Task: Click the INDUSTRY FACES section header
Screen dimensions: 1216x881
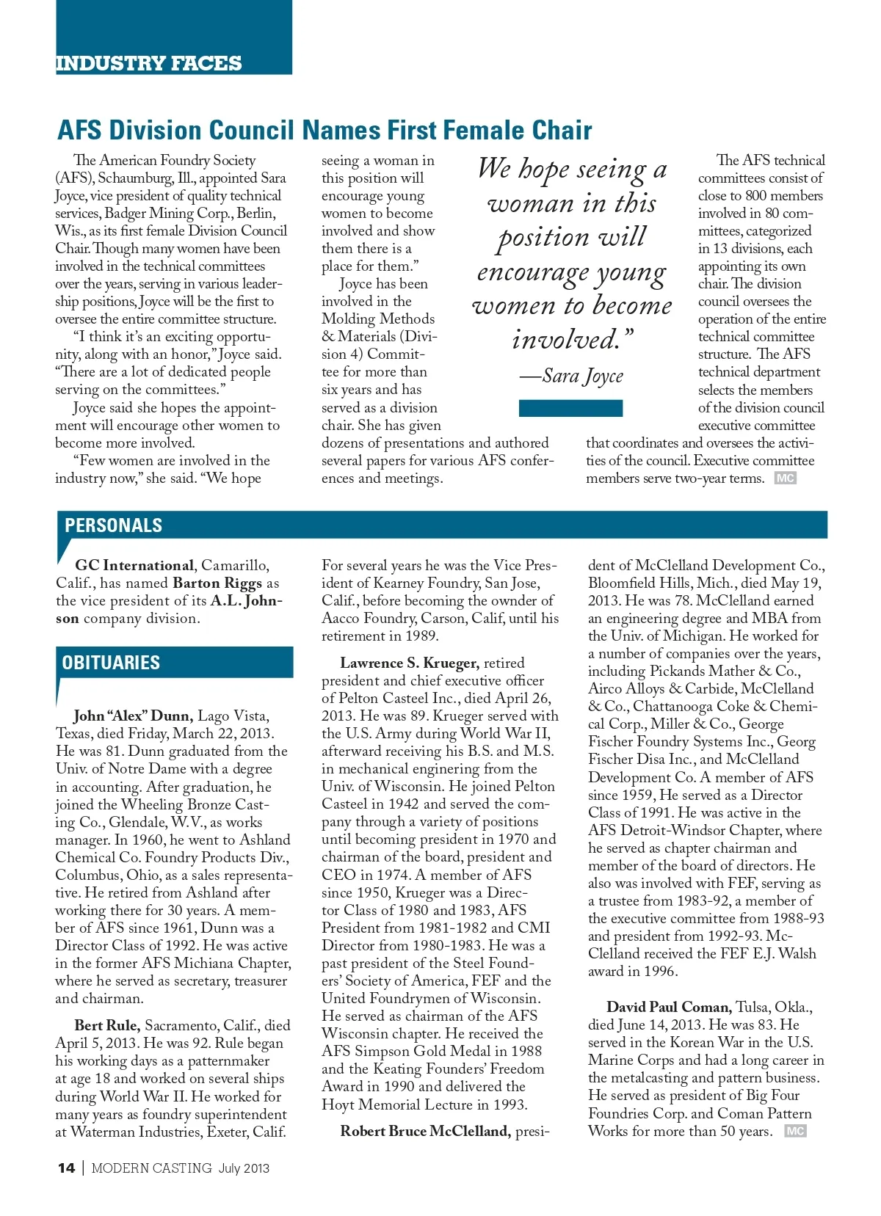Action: [x=148, y=63]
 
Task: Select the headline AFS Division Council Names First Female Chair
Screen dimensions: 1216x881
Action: [x=325, y=131]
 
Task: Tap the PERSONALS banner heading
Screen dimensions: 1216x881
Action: [x=113, y=525]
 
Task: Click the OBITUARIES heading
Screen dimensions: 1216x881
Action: [x=111, y=663]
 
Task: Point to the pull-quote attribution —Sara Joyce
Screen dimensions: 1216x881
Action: [x=572, y=376]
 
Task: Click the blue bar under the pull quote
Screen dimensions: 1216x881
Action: [x=570, y=408]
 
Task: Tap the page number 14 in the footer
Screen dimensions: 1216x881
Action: [x=66, y=1168]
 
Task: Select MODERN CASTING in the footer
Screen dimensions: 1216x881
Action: [x=151, y=1168]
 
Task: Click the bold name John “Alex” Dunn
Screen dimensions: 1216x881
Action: [x=134, y=716]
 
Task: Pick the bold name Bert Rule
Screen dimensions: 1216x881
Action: [x=106, y=1026]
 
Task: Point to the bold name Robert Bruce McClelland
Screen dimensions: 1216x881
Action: [x=425, y=1132]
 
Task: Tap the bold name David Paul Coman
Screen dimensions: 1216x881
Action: [x=669, y=1008]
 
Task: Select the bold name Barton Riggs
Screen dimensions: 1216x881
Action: [x=217, y=583]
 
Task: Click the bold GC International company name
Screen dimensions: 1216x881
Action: [x=134, y=566]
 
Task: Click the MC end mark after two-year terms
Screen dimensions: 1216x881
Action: [x=785, y=478]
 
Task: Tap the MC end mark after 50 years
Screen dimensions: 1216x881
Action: [x=795, y=1132]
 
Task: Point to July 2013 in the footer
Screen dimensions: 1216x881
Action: [x=244, y=1168]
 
